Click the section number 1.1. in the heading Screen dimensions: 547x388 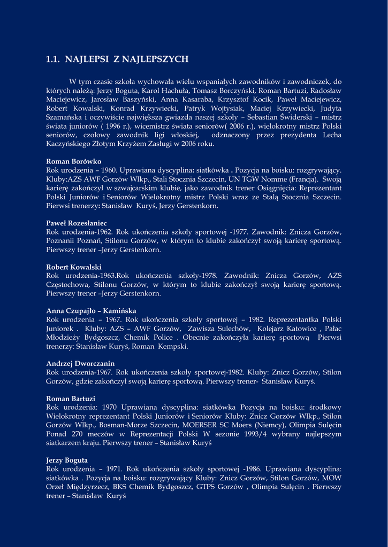(x=53, y=59)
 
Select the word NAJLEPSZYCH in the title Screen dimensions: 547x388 (x=158, y=59)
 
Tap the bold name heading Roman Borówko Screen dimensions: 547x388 (x=74, y=161)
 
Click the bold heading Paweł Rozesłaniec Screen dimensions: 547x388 (x=77, y=223)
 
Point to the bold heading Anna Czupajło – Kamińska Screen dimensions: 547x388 (x=92, y=311)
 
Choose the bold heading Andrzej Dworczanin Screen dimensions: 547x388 (x=80, y=364)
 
